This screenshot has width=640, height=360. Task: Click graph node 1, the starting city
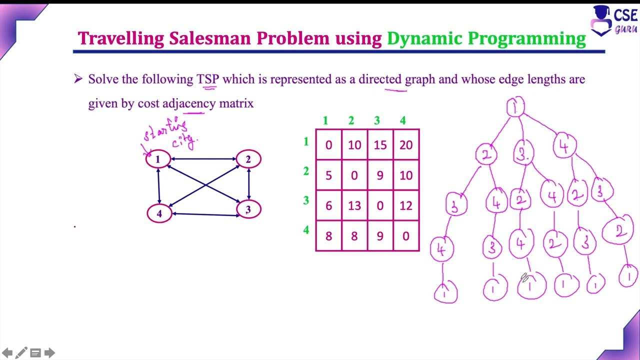[x=157, y=159]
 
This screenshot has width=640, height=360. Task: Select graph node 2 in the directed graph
[x=248, y=159]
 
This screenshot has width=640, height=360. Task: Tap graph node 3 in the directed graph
[x=248, y=209]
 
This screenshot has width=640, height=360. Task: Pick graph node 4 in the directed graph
[x=159, y=213]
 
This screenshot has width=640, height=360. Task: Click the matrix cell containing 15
[x=380, y=145]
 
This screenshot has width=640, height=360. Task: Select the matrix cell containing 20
[x=406, y=145]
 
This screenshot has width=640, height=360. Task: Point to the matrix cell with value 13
[x=354, y=205]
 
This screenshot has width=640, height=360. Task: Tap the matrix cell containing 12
[x=406, y=205]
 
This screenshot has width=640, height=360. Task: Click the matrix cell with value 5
[x=328, y=175]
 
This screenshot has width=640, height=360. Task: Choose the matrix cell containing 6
[x=328, y=205]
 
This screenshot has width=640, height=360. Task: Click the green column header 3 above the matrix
[x=377, y=120]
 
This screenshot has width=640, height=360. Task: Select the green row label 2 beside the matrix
[x=306, y=171]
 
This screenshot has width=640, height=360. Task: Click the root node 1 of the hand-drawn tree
[x=515, y=107]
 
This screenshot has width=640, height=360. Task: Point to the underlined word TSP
[x=208, y=79]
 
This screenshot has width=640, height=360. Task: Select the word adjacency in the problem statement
[x=189, y=103]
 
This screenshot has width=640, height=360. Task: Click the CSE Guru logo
[x=614, y=21]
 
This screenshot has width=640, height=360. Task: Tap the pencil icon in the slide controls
[x=21, y=353]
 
